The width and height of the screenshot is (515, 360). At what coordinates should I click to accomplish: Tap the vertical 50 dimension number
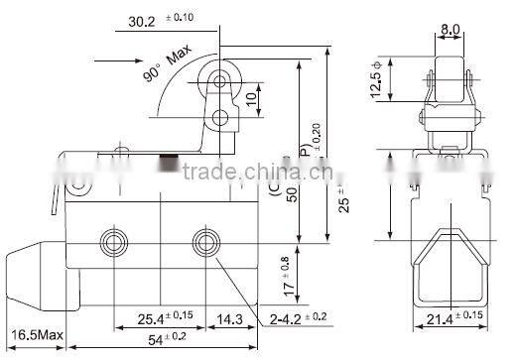293,195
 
